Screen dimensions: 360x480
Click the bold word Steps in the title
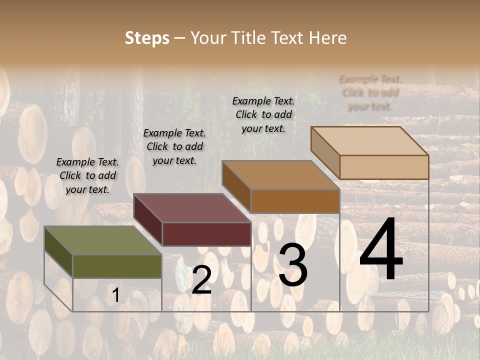click(x=146, y=38)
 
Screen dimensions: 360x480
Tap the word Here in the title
click(x=327, y=38)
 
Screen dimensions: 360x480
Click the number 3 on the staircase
click(x=292, y=265)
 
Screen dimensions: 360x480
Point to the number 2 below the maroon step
click(x=201, y=280)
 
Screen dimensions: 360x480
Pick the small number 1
click(x=115, y=295)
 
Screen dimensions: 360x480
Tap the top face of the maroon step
click(x=191, y=208)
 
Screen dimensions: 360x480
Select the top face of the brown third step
click(x=280, y=175)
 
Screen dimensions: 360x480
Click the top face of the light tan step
click(x=369, y=141)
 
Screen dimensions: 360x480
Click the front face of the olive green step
click(x=117, y=266)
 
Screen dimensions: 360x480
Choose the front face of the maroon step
click(x=206, y=234)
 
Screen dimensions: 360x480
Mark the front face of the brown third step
click(x=295, y=201)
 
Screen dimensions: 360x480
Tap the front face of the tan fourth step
click(x=384, y=167)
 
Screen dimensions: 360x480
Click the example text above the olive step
click(x=87, y=175)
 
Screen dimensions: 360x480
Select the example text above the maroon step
click(x=174, y=146)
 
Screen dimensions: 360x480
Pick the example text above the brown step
click(x=263, y=114)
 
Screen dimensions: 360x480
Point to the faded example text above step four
click(x=370, y=92)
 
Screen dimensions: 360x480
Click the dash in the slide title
click(x=180, y=38)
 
